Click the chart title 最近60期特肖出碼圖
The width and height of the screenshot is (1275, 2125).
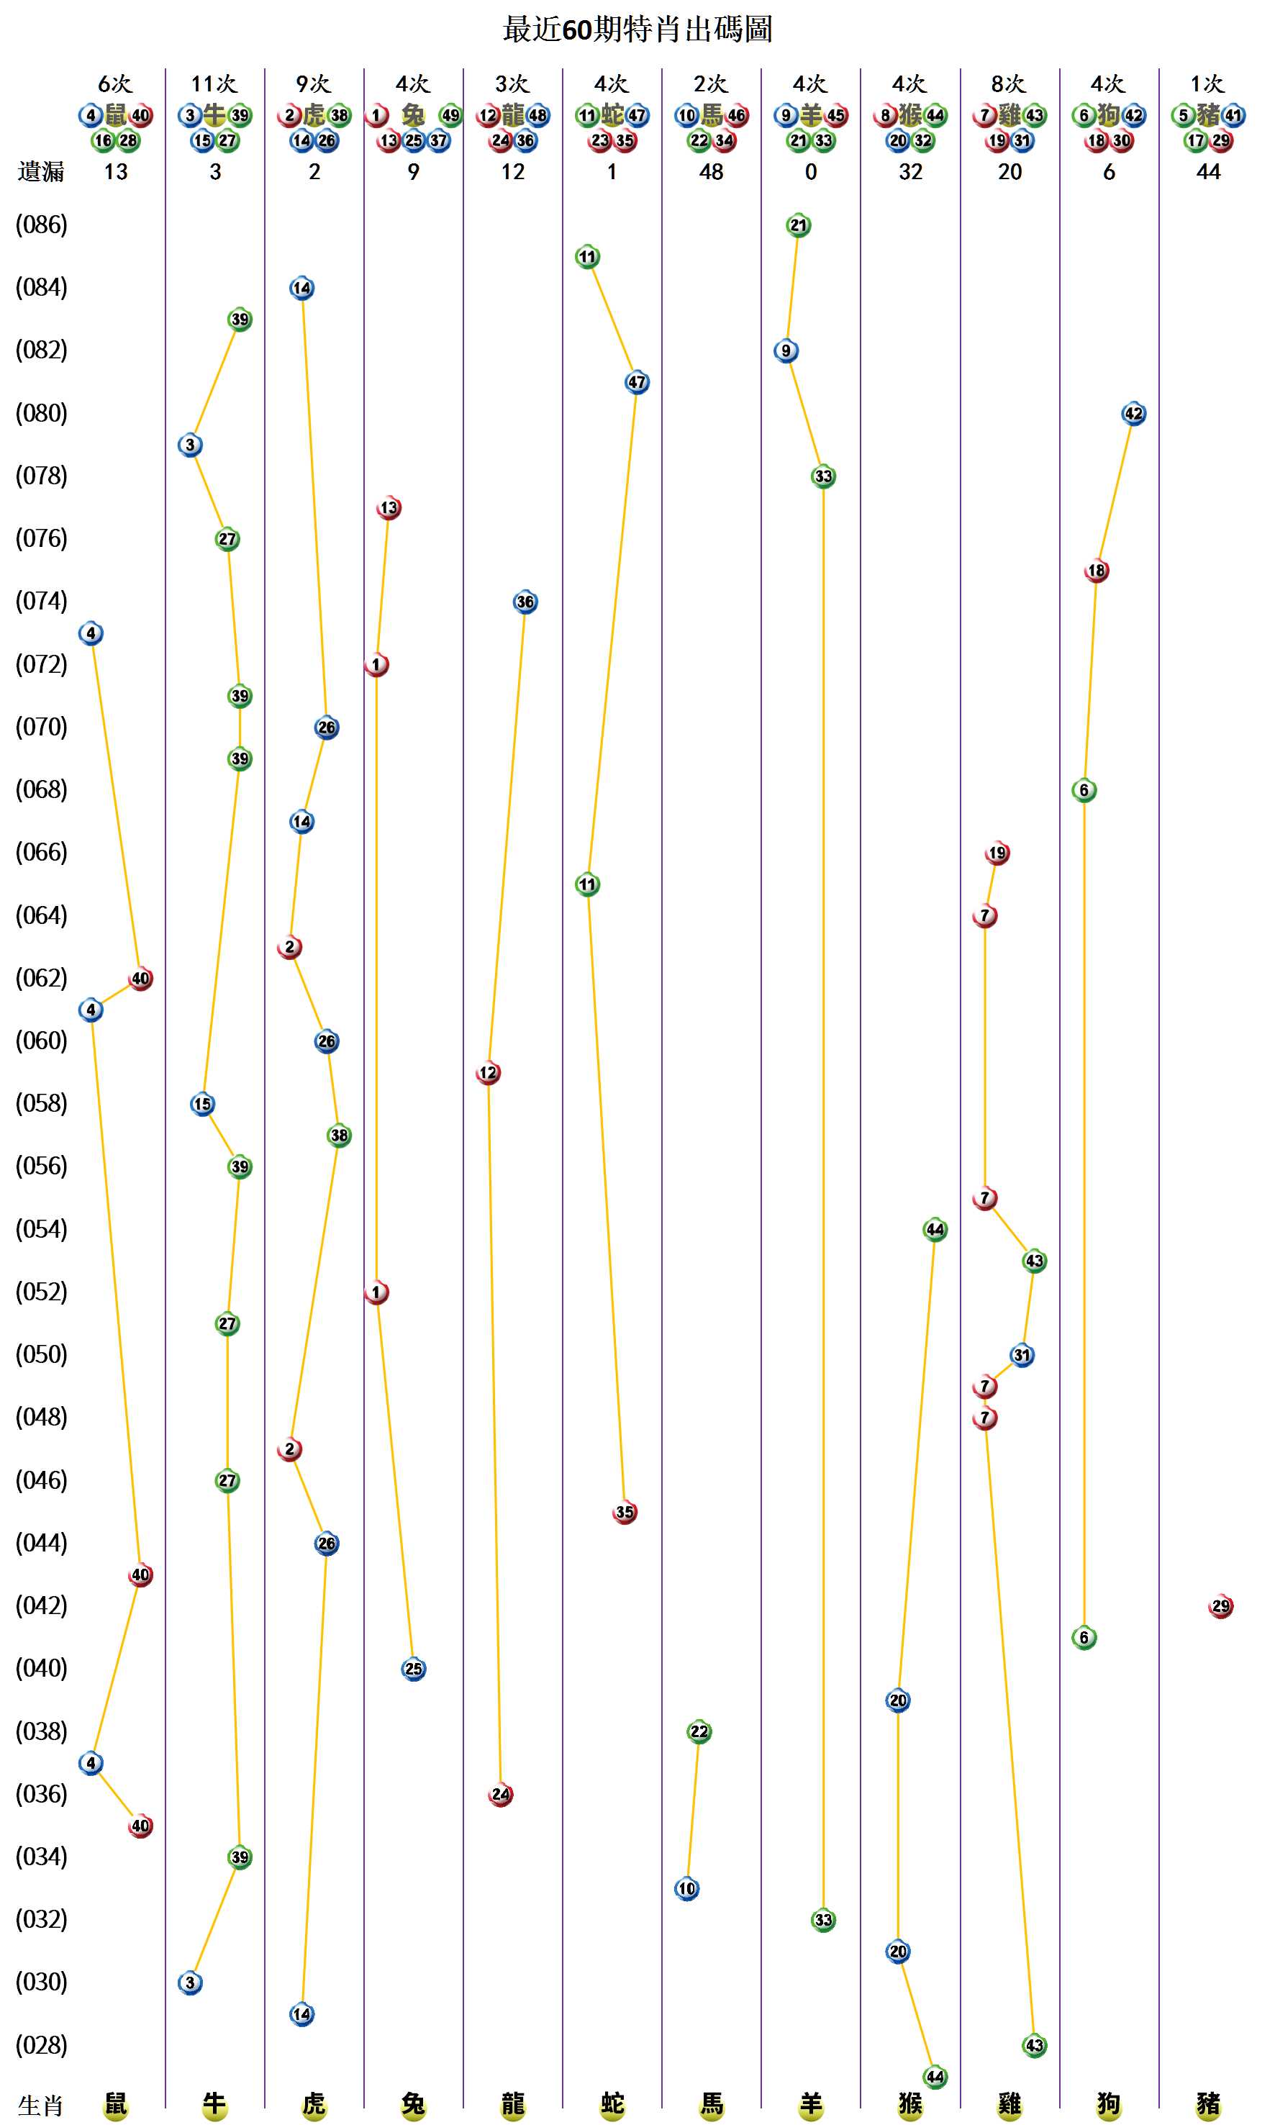click(x=637, y=30)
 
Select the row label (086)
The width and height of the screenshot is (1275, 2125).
click(x=41, y=225)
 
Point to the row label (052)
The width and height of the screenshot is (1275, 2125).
click(x=41, y=1292)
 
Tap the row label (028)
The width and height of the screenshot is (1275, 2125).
click(x=41, y=2045)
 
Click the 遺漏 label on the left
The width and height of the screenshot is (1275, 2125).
click(x=41, y=172)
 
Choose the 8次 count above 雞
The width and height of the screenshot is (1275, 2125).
click(x=1009, y=83)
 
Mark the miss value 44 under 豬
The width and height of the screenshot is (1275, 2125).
click(x=1208, y=172)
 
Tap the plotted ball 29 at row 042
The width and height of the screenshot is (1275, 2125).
click(x=1220, y=1606)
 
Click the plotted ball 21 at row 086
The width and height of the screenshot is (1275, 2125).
click(x=798, y=225)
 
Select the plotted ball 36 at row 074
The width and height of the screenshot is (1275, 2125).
click(x=525, y=602)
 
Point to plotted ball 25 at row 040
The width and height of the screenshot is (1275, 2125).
click(x=413, y=1669)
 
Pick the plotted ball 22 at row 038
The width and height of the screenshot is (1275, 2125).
click(x=699, y=1731)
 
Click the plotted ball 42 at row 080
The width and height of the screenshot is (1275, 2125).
click(x=1133, y=413)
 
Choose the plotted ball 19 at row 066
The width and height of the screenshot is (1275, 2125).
click(x=997, y=853)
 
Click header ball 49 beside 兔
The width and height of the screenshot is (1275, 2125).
click(x=450, y=115)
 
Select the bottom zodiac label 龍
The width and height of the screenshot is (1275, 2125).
click(x=513, y=2104)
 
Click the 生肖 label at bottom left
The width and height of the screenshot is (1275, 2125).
click(x=41, y=2106)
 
